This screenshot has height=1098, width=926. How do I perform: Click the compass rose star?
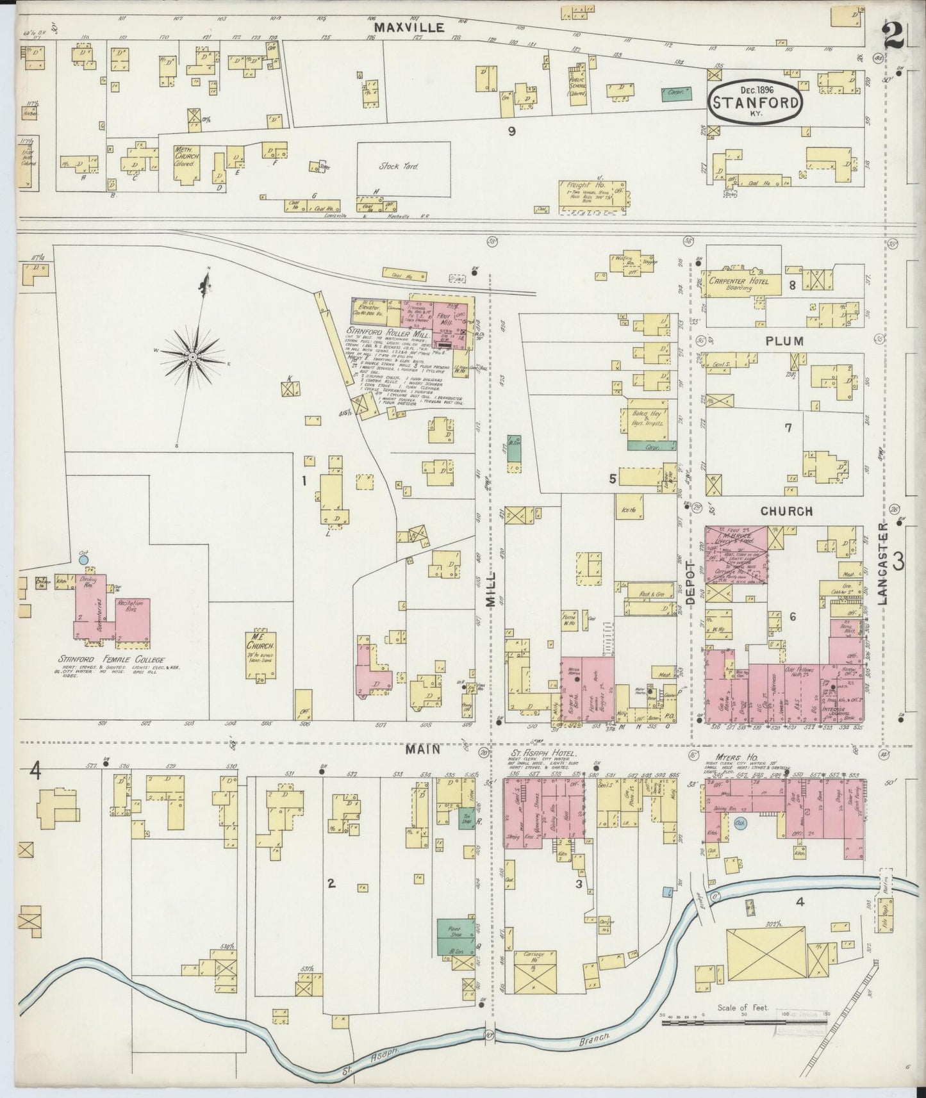tap(192, 356)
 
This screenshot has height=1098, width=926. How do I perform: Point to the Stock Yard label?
tap(398, 167)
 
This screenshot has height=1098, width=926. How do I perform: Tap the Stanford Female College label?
tap(111, 660)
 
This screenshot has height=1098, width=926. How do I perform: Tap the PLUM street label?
tap(784, 341)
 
